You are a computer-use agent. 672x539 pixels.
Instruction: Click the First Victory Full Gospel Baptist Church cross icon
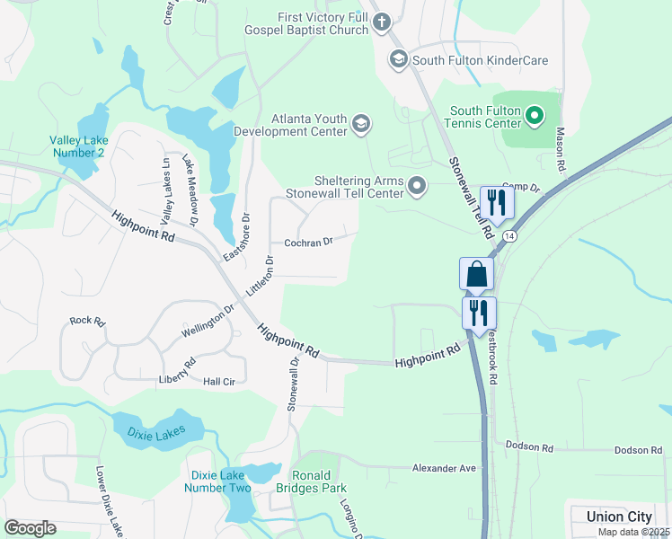point(381,22)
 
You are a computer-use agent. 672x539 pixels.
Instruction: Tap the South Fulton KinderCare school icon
point(398,60)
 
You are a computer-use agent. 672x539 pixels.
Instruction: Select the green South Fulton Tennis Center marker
point(535,115)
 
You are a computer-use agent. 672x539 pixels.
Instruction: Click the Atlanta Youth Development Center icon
point(361,124)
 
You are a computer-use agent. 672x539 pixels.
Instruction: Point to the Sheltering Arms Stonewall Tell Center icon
point(417,186)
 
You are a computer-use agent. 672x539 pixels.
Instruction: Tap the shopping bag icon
point(477,274)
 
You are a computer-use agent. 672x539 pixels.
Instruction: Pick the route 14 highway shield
point(509,235)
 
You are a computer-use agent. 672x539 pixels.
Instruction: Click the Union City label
point(619,517)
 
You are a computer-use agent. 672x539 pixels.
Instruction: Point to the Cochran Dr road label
point(308,242)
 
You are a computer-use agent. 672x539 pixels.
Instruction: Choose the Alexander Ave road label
point(443,468)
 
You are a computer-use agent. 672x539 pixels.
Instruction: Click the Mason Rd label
point(560,149)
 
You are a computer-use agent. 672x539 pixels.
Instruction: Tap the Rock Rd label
point(87,321)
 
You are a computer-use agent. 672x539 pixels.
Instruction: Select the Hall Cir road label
point(218,382)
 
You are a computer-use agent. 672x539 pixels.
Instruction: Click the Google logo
point(30,528)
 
